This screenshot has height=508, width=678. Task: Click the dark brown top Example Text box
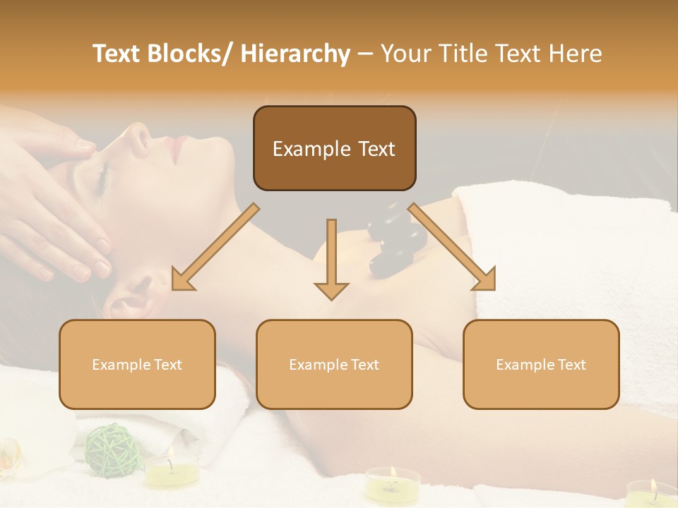click(334, 148)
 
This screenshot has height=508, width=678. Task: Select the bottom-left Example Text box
click(137, 364)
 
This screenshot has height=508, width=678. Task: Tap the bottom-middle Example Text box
click(334, 364)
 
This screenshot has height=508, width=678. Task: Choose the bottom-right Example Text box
click(541, 364)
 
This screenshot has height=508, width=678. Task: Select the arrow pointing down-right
click(452, 247)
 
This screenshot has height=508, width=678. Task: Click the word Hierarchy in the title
click(295, 54)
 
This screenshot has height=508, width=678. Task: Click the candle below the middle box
click(392, 484)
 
